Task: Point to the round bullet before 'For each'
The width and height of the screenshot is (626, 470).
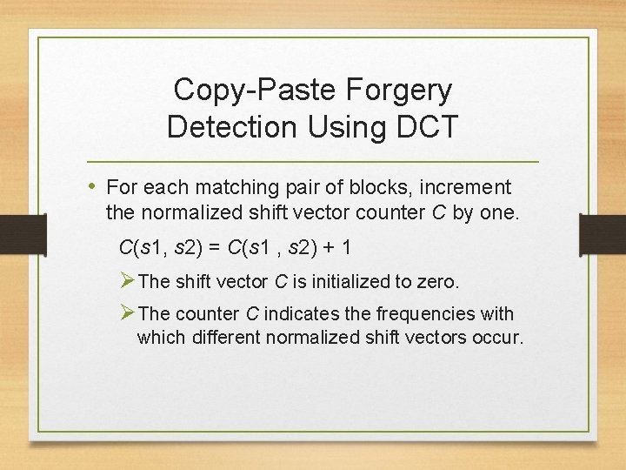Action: click(94, 185)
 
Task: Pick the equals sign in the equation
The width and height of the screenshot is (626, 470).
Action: click(216, 248)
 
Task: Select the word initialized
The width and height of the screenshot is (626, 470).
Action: click(347, 281)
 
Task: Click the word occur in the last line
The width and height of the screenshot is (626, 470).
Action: click(498, 337)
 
